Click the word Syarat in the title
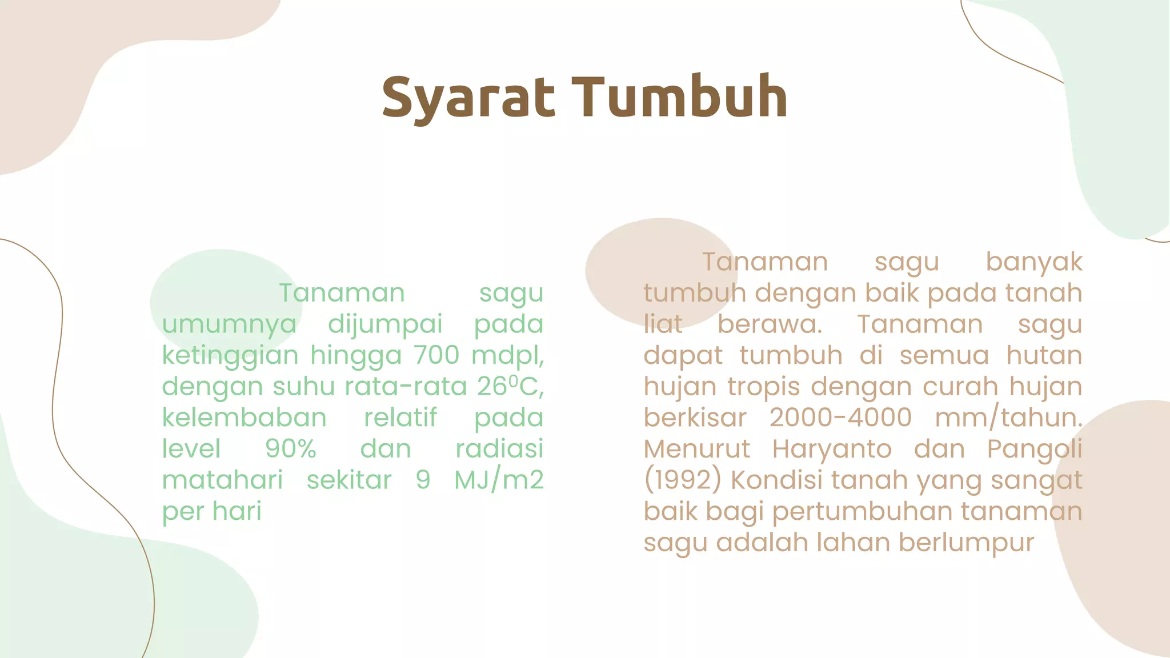click(x=468, y=98)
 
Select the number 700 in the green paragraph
click(x=436, y=355)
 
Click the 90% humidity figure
click(x=290, y=449)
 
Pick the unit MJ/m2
click(x=499, y=480)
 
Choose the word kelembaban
click(x=244, y=418)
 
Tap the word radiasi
click(x=499, y=449)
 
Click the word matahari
click(x=222, y=480)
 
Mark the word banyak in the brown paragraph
click(x=1033, y=262)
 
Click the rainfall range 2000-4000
click(x=840, y=418)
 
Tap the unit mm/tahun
click(x=1008, y=418)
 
